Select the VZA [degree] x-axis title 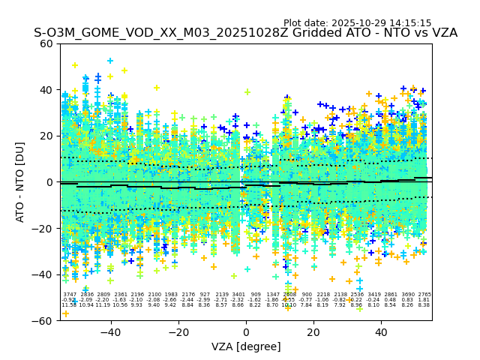tap(246, 346)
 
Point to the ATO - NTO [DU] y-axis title tap(20, 181)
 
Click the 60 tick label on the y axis tap(46, 43)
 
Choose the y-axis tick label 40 tap(46, 90)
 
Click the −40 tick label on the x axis tap(110, 332)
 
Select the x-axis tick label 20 tap(313, 332)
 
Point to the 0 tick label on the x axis tap(246, 332)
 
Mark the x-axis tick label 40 tap(381, 332)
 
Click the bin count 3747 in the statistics tap(69, 295)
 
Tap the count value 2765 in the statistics tap(424, 295)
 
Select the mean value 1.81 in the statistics tap(424, 300)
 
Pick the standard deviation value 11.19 tap(103, 305)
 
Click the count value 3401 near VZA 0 tap(238, 295)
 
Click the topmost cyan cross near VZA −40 tap(110, 61)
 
